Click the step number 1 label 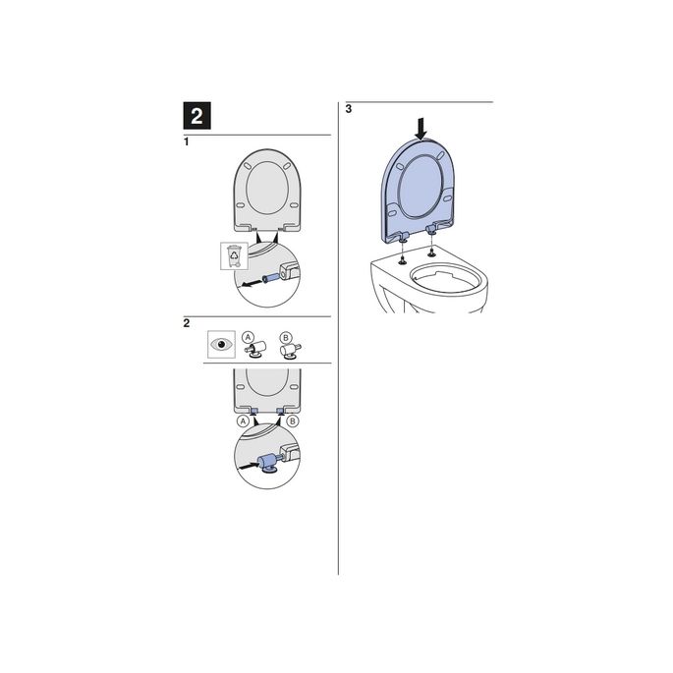188,143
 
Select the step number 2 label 188,323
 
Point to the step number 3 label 349,109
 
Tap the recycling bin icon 233,257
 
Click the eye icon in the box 221,345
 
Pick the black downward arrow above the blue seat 421,127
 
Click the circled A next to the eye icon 250,336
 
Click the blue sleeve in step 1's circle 271,276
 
